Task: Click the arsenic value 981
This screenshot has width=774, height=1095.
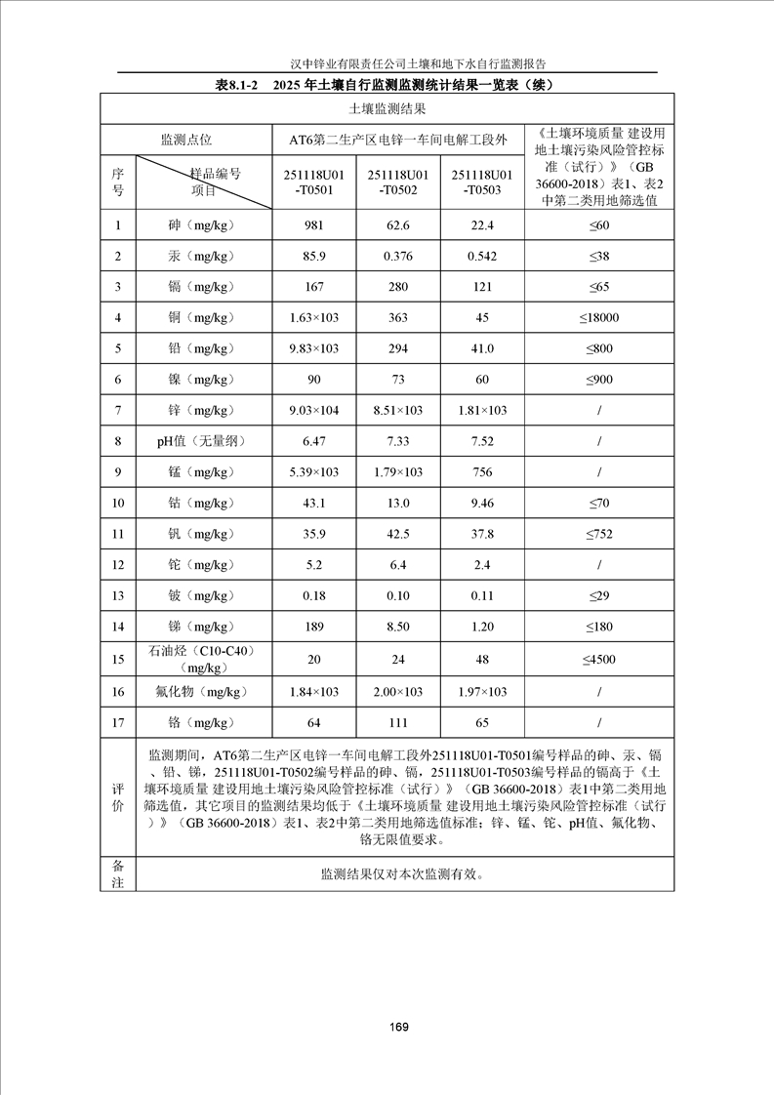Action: (x=313, y=225)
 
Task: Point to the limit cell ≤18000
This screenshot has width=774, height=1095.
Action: (x=598, y=317)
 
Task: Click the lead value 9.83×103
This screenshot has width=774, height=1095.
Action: (x=313, y=348)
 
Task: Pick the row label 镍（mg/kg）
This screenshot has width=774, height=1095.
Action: (x=200, y=380)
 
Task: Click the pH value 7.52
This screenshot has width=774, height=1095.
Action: (x=482, y=441)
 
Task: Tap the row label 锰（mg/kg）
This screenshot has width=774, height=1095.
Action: (x=200, y=472)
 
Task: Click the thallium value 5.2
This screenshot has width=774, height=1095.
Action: (x=313, y=565)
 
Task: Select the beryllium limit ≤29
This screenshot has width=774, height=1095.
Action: (x=598, y=595)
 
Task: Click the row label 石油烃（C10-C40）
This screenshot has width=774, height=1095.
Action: (x=200, y=651)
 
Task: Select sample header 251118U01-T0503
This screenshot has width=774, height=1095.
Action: (x=482, y=182)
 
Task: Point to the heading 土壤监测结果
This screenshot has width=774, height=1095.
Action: (x=387, y=110)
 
